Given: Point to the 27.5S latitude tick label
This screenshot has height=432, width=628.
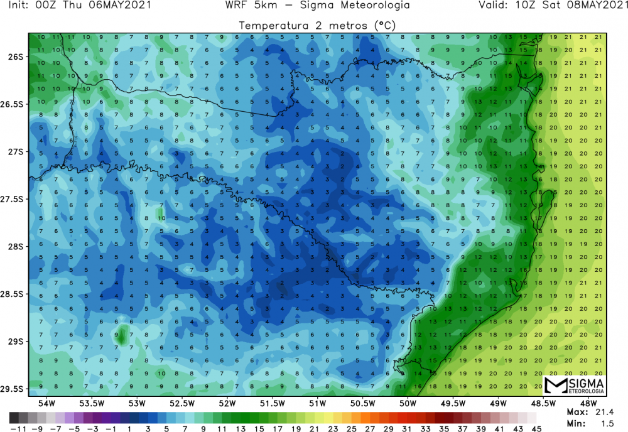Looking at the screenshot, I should pyautogui.click(x=13, y=199).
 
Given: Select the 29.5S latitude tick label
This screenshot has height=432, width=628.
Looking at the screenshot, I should pyautogui.click(x=13, y=389).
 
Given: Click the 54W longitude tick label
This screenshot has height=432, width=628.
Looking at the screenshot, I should pyautogui.click(x=46, y=402).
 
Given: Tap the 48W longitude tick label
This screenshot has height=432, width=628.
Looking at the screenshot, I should pyautogui.click(x=588, y=402).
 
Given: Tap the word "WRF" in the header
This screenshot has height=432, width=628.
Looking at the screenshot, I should pyautogui.click(x=237, y=6).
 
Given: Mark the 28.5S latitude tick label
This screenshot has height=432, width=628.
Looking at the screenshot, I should pyautogui.click(x=13, y=294).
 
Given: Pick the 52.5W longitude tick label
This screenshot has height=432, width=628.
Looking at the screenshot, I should pyautogui.click(x=181, y=402).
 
